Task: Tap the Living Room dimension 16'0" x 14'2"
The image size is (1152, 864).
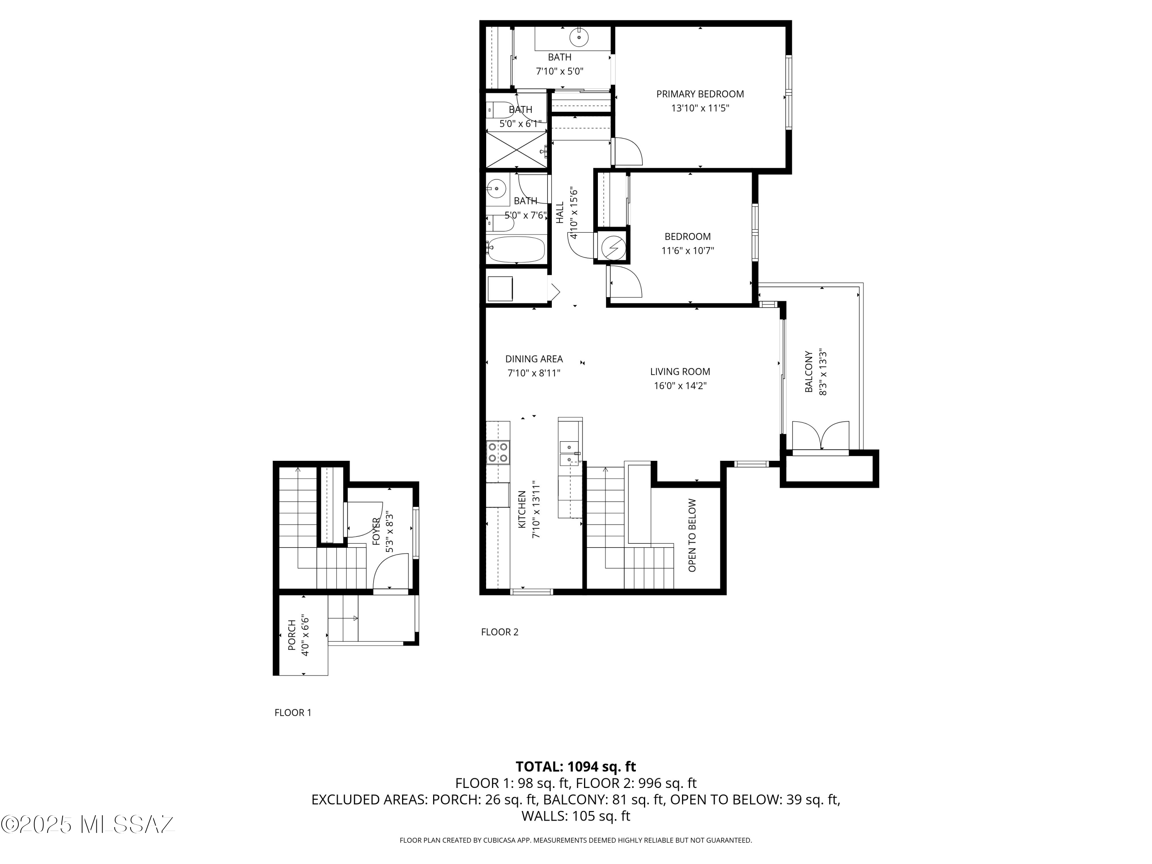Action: click(680, 386)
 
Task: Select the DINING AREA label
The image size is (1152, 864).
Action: click(534, 359)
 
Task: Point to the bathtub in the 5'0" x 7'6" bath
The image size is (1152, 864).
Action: click(516, 250)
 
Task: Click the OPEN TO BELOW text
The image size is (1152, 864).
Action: click(692, 535)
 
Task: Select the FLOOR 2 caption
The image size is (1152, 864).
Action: click(500, 632)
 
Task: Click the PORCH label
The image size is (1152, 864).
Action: click(292, 635)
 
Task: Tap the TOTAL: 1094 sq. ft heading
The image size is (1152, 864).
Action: click(576, 766)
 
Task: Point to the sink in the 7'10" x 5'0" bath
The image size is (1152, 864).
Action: click(579, 37)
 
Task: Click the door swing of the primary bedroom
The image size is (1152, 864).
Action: click(629, 152)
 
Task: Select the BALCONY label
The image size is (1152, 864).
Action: click(809, 372)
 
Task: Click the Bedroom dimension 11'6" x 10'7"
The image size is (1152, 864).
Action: click(687, 250)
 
